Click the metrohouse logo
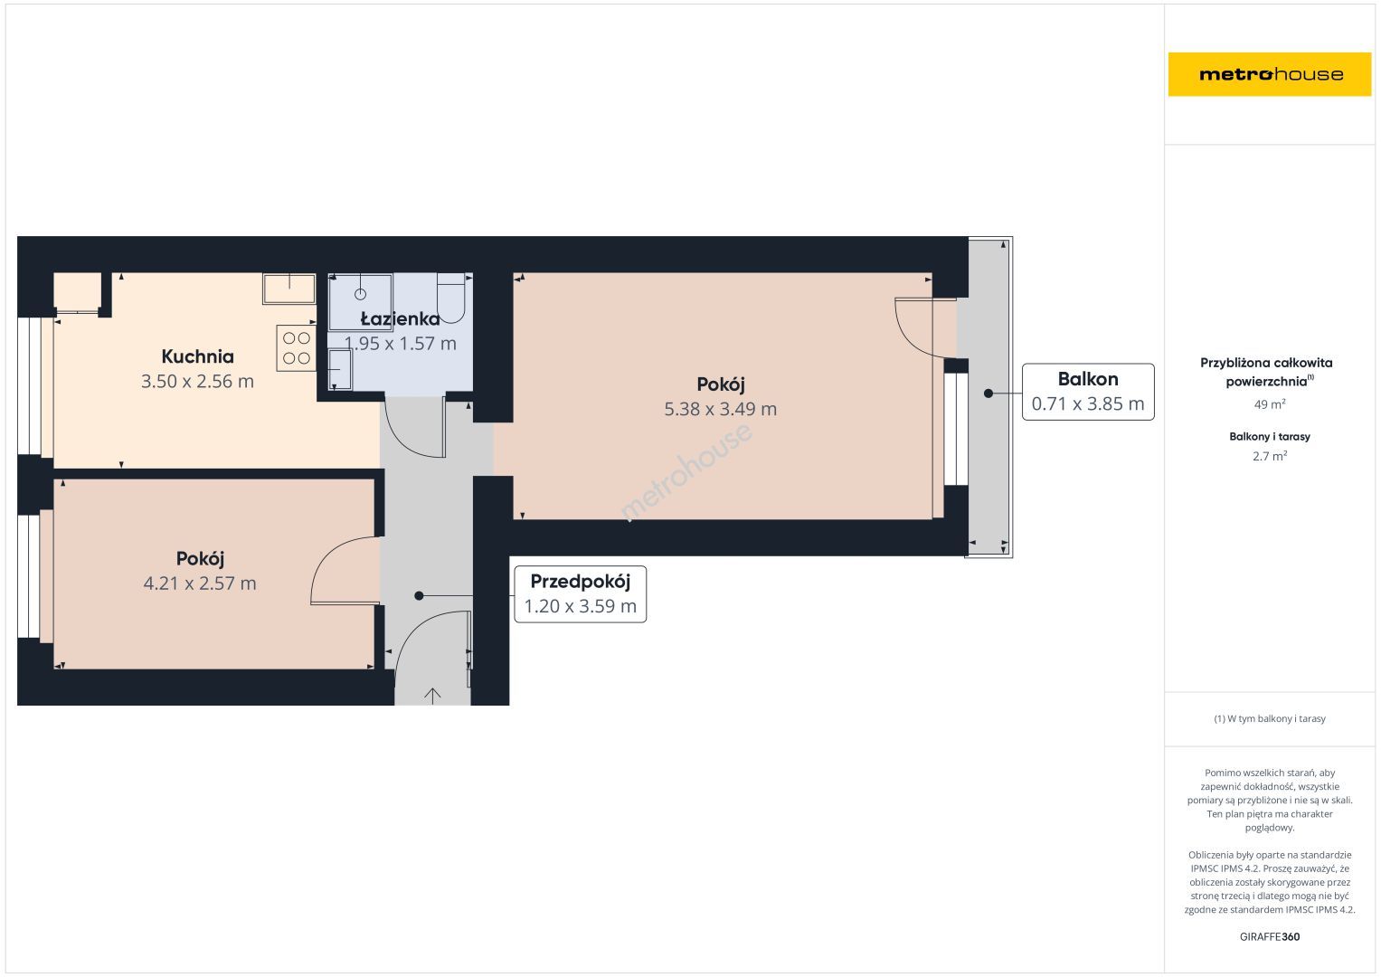pos(1270,74)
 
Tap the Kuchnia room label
pos(197,356)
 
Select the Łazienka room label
pos(400,318)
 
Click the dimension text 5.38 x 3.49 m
pos(720,409)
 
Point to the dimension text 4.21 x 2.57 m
pos(200,583)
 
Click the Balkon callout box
pos(1088,393)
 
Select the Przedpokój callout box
pos(580,594)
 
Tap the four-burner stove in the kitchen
pos(297,348)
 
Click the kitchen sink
pos(289,289)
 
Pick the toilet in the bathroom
pos(450,298)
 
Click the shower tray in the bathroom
pos(360,302)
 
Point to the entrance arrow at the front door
pos(432,696)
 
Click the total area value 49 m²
pos(1270,404)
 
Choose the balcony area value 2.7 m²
pos(1270,457)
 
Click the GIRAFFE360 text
pos(1270,937)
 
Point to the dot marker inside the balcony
pos(988,394)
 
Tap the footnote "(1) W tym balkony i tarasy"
pos(1270,718)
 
